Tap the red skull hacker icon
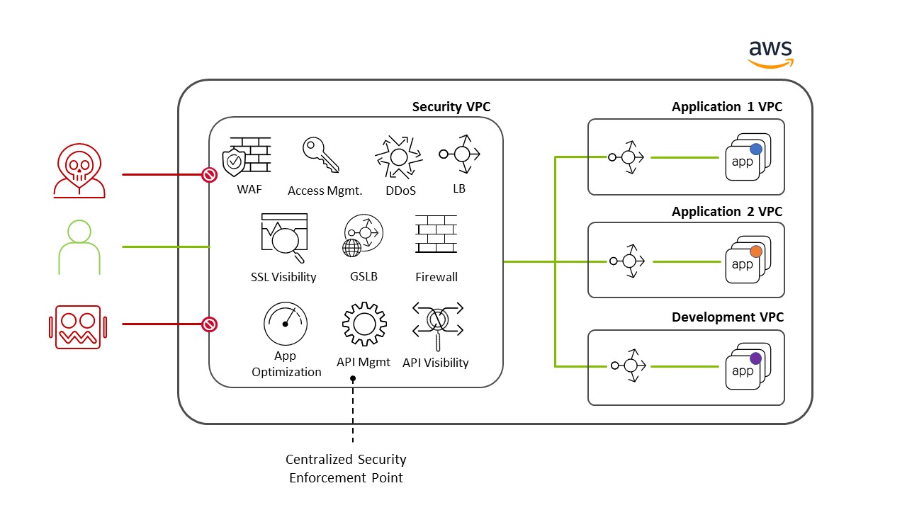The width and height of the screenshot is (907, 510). (x=79, y=173)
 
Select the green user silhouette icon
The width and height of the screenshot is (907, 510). (x=79, y=247)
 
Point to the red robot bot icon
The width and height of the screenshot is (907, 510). (x=77, y=327)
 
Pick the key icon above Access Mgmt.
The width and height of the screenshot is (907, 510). (x=320, y=154)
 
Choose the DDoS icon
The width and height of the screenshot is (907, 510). (x=398, y=157)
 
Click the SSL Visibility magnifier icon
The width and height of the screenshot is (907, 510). (x=284, y=238)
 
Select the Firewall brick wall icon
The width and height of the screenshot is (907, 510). (x=436, y=234)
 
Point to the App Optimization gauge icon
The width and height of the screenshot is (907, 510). (x=286, y=324)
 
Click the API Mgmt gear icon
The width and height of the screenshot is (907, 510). (x=364, y=324)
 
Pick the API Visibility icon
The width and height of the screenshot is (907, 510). (x=438, y=323)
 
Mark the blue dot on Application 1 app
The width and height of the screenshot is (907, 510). (x=756, y=149)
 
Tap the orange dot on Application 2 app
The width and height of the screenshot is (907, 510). (x=756, y=251)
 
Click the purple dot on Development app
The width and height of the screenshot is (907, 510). (x=755, y=358)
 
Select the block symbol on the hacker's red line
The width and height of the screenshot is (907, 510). (x=209, y=174)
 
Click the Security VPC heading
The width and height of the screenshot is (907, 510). (x=451, y=107)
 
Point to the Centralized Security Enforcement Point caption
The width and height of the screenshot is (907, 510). (x=346, y=469)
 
